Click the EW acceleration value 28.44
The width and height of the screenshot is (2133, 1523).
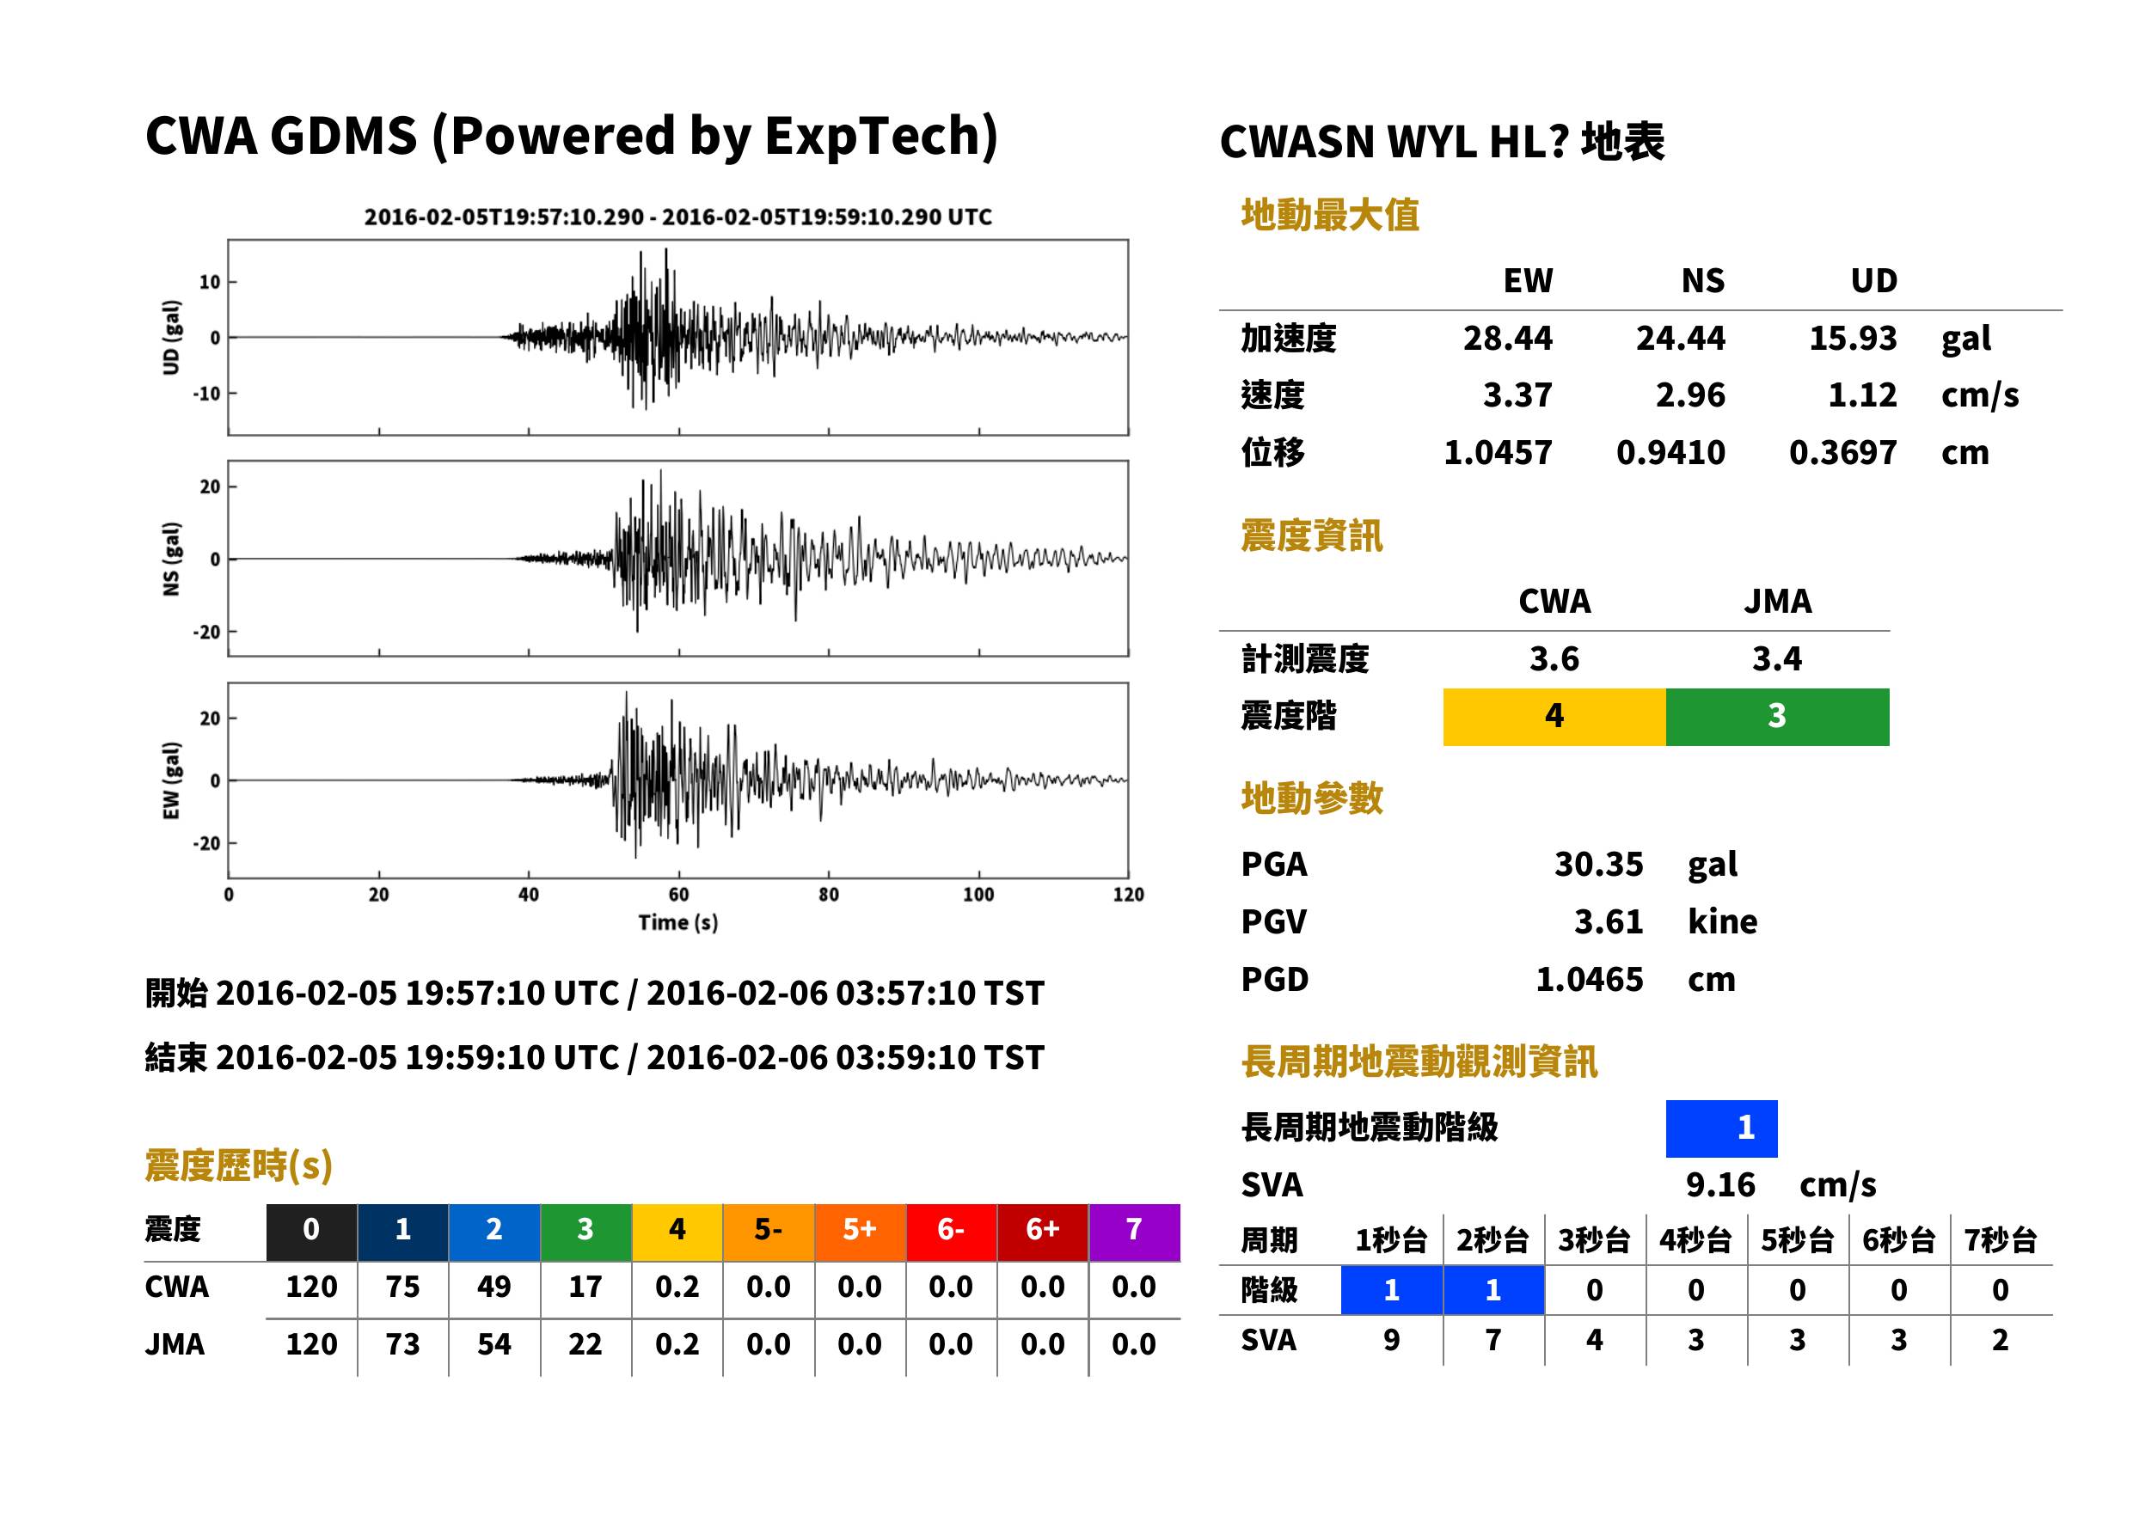pyautogui.click(x=1506, y=338)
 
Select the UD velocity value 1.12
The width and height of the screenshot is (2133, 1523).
pyautogui.click(x=1862, y=395)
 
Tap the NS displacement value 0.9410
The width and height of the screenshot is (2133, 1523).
pyautogui.click(x=1670, y=452)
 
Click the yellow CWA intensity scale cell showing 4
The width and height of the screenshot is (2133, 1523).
pyautogui.click(x=1554, y=717)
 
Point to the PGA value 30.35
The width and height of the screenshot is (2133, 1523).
pyautogui.click(x=1598, y=864)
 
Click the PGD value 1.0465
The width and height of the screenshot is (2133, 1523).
pyautogui.click(x=1589, y=979)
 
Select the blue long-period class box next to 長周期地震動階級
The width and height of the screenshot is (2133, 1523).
pyautogui.click(x=1721, y=1128)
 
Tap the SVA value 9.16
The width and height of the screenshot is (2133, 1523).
pyautogui.click(x=1719, y=1184)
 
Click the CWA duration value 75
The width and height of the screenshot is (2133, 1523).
pyautogui.click(x=402, y=1287)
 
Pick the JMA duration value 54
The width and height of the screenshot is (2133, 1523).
pyautogui.click(x=494, y=1344)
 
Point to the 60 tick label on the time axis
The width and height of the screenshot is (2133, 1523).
pyautogui.click(x=678, y=895)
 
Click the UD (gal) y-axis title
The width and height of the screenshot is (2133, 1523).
pyautogui.click(x=171, y=338)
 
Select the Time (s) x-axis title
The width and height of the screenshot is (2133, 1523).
pyautogui.click(x=678, y=923)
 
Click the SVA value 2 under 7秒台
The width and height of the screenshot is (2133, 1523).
pyautogui.click(x=2000, y=1340)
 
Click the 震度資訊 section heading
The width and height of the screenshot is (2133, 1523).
pyautogui.click(x=1311, y=535)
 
